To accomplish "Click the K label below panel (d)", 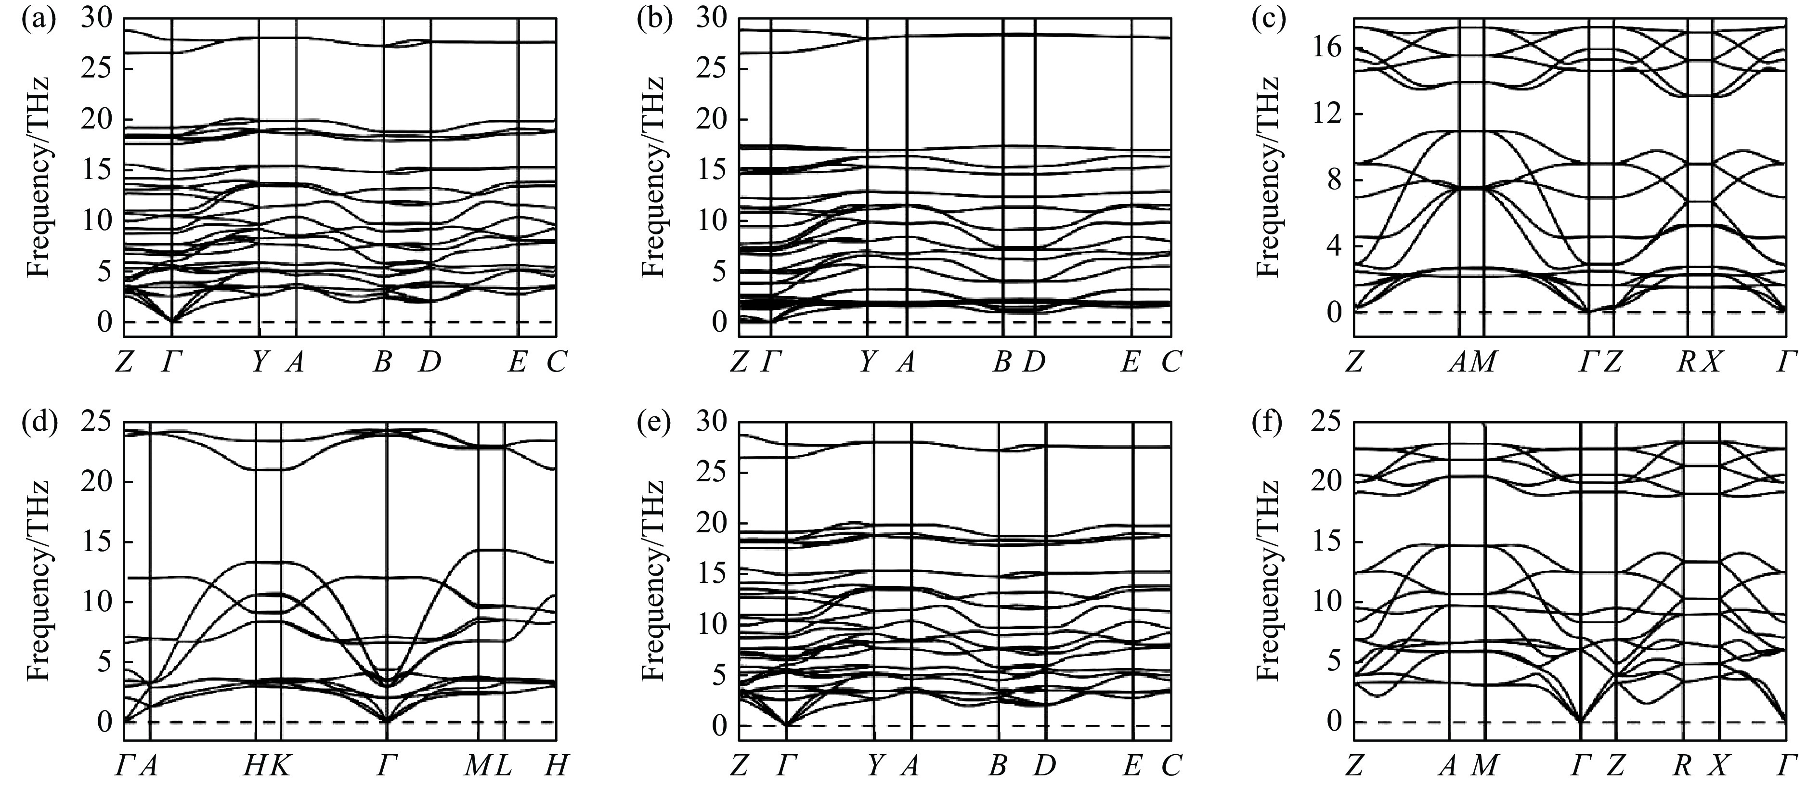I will coord(281,766).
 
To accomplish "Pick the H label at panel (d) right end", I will coord(557,766).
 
